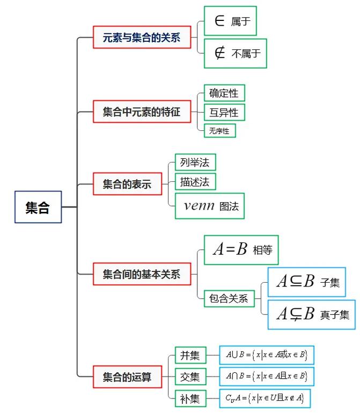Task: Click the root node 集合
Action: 38,207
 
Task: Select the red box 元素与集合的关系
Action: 142,38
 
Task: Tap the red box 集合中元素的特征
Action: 142,112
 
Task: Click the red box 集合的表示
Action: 127,185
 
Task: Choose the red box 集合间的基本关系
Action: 142,275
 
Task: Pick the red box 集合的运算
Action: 127,377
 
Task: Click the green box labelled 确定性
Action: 224,93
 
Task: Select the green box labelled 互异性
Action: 224,112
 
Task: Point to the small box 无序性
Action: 219,130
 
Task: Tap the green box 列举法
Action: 195,162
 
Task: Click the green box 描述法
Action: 195,181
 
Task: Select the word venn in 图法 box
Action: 199,206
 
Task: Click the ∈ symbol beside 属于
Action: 219,21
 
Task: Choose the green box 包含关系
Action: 229,299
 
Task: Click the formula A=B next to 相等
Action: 230,249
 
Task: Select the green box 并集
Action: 190,356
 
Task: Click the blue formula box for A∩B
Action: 267,376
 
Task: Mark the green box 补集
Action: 190,399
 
